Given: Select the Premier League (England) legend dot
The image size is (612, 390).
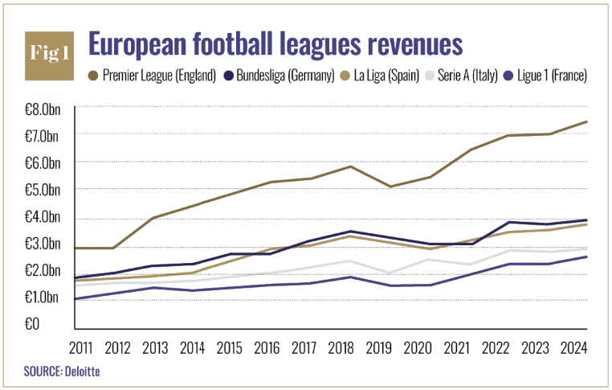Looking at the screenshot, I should [92, 76].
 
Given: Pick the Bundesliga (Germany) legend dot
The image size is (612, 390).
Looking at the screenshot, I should [227, 76].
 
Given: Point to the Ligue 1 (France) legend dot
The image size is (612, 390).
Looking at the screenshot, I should [506, 76].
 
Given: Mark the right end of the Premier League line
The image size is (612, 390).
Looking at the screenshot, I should [588, 121].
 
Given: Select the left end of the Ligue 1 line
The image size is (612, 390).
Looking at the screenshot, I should [75, 299].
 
